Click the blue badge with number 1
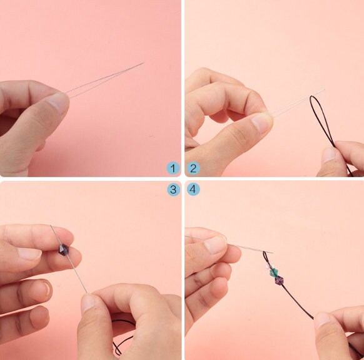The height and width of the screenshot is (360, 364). click(173, 168)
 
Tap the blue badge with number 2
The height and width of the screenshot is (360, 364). click(193, 168)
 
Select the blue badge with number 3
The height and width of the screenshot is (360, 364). click(173, 190)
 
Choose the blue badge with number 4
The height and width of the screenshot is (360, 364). click(193, 190)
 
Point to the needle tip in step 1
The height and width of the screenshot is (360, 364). click(144, 63)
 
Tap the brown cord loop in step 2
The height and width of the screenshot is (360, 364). click(318, 116)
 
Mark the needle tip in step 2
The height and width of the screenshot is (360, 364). click(324, 90)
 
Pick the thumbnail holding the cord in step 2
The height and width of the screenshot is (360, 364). click(329, 155)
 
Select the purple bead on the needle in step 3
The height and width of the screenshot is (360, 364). click(64, 250)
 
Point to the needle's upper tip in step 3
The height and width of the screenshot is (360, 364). click(51, 225)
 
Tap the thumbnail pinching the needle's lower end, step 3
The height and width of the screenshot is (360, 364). click(88, 302)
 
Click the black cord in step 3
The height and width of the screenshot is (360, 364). click(116, 335)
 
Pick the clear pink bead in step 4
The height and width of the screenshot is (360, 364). click(268, 267)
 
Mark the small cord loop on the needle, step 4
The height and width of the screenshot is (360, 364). click(264, 256)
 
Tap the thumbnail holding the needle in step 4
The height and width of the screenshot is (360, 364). click(215, 245)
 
